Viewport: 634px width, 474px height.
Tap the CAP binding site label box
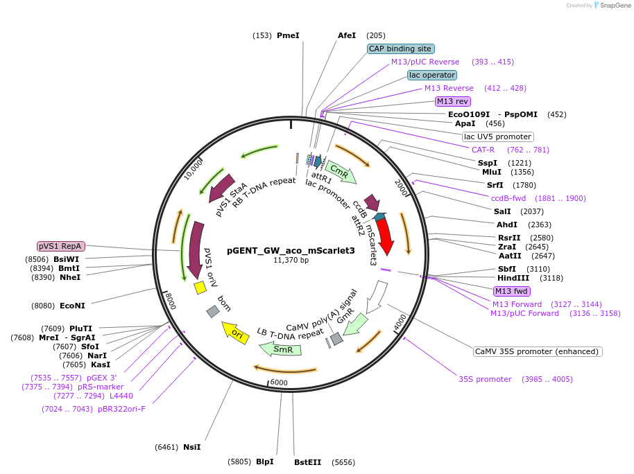pyautogui.click(x=401, y=49)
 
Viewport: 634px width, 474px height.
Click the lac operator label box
pyautogui.click(x=432, y=75)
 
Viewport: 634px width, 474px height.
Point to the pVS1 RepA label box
pyautogui.click(x=61, y=246)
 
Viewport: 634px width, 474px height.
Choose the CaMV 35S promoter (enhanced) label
pyautogui.click(x=537, y=351)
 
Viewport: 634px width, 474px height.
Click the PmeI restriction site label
pyautogui.click(x=288, y=35)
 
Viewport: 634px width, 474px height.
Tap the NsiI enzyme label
pyautogui.click(x=191, y=447)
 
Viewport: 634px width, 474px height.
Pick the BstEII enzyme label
pyautogui.click(x=308, y=462)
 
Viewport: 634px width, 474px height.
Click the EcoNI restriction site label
pyautogui.click(x=72, y=305)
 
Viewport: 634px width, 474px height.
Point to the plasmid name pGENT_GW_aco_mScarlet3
pyautogui.click(x=291, y=250)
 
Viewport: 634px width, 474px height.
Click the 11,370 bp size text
pyautogui.click(x=291, y=261)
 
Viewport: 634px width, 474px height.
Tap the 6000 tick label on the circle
pyautogui.click(x=279, y=383)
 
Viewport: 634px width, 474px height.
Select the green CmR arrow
pyautogui.click(x=341, y=171)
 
